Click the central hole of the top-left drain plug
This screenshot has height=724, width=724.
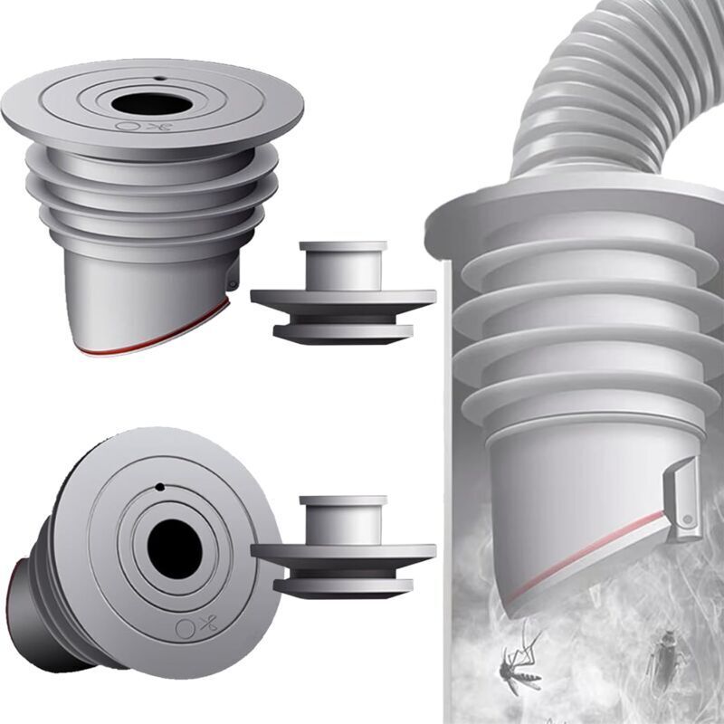(152, 104)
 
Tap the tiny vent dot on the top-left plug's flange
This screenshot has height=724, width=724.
(159, 79)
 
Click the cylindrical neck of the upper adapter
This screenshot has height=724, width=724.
(343, 266)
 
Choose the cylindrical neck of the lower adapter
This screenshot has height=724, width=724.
(343, 521)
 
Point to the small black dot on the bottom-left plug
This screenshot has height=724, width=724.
(159, 487)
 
